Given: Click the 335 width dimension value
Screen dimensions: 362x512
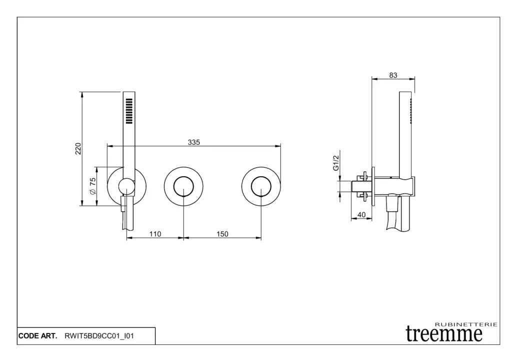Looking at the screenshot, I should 194,142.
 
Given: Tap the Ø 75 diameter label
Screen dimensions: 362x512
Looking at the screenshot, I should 92,186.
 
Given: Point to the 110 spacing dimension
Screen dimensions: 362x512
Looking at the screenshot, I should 155,234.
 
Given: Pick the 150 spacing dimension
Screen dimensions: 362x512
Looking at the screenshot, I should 222,234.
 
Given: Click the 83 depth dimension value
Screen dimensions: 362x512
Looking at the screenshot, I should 393,75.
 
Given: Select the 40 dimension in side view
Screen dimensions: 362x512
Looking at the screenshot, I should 362,215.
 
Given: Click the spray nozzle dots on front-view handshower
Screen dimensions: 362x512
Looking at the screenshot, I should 129,110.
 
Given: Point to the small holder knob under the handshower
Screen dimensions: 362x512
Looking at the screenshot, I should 126,187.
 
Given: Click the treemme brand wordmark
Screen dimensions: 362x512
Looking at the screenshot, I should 444,333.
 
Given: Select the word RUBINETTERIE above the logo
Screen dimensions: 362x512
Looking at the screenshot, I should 466,324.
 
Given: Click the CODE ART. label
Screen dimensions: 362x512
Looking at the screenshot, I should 37,336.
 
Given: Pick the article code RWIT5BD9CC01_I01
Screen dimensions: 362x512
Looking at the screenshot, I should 99,336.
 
